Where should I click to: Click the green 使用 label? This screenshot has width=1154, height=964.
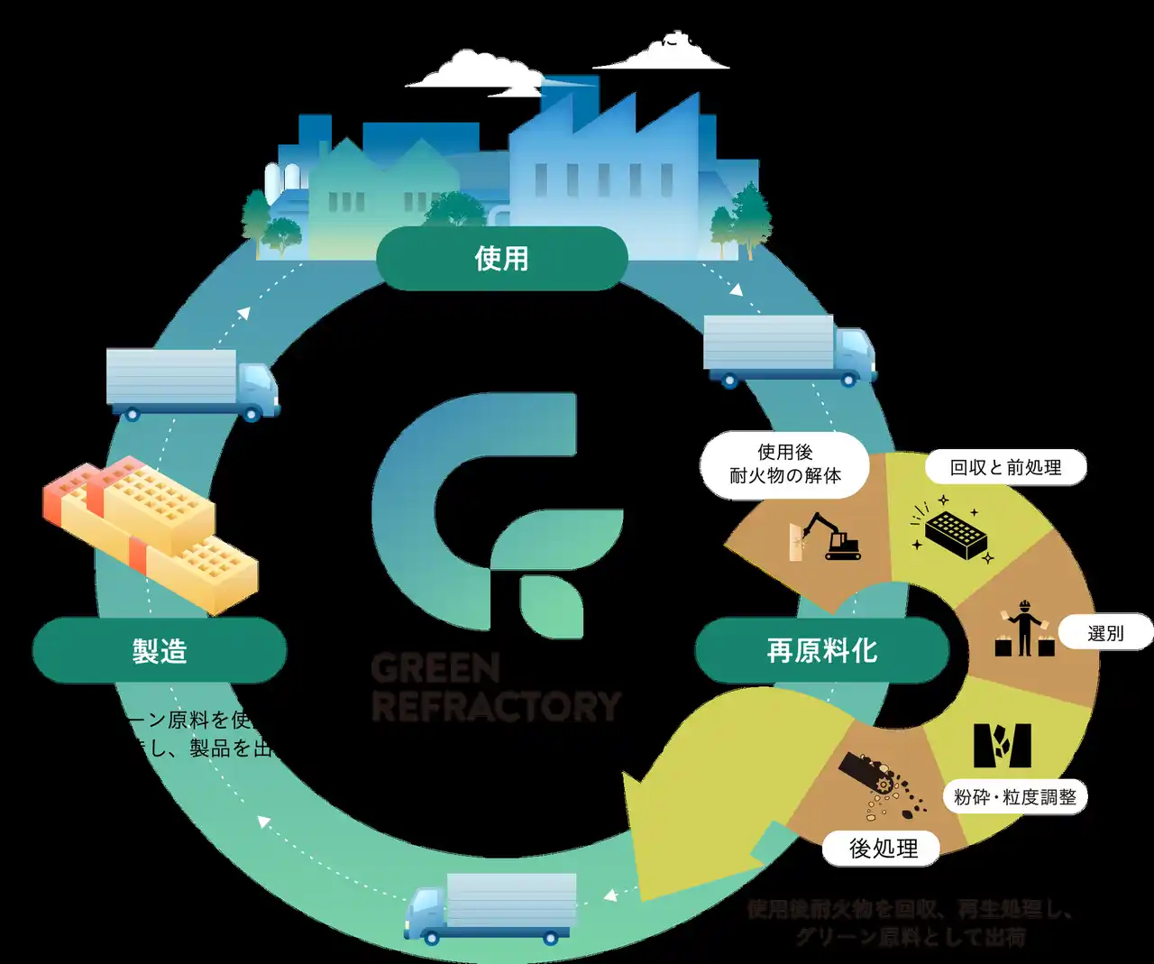tap(501, 259)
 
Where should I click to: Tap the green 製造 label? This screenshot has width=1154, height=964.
tap(160, 650)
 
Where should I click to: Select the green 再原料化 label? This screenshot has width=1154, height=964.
tap(821, 650)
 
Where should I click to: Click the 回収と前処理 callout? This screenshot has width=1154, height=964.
tap(1005, 467)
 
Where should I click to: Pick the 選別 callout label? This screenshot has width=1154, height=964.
tap(1105, 633)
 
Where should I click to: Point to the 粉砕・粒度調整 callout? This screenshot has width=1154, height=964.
tap(1015, 797)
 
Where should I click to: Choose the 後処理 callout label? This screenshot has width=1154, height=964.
tap(883, 849)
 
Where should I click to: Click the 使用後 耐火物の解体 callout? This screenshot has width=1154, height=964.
tap(784, 464)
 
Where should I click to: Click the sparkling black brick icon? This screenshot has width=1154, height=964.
tap(955, 533)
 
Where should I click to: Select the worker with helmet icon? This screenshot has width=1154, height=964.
tap(1024, 629)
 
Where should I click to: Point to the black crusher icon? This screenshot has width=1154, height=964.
tap(1002, 745)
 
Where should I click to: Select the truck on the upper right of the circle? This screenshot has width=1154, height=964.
tap(788, 350)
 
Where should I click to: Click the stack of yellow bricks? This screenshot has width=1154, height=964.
tap(149, 530)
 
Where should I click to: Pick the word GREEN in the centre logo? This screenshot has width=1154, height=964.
tap(435, 669)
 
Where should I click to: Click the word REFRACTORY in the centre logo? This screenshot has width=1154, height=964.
tap(497, 706)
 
